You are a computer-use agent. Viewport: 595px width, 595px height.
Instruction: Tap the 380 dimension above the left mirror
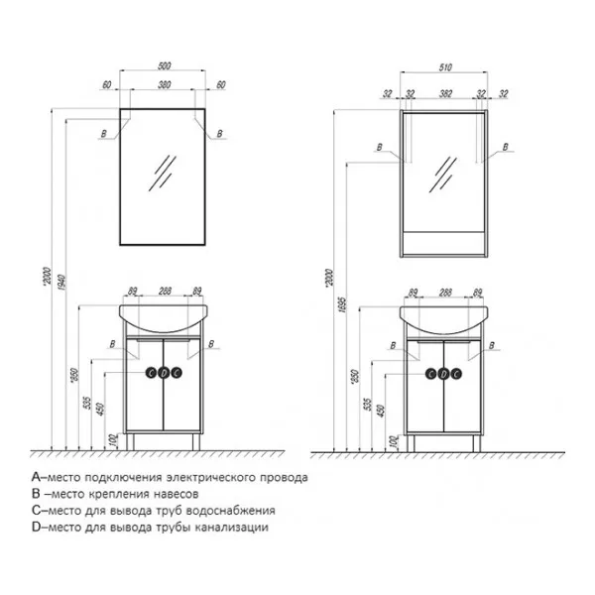(164, 85)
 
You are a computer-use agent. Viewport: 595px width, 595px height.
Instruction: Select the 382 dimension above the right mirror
(443, 94)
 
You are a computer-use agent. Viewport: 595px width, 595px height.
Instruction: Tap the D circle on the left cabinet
(164, 374)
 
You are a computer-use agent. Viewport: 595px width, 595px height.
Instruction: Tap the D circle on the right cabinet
(443, 374)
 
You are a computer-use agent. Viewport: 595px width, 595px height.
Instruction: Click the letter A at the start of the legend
(35, 477)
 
